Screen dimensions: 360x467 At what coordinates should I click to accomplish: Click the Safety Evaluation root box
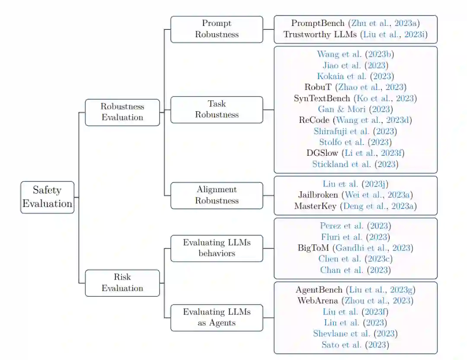48,197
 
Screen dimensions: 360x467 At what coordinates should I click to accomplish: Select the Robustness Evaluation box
122,112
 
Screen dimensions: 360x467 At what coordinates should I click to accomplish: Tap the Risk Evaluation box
122,283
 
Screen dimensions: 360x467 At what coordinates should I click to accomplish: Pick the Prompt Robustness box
217,29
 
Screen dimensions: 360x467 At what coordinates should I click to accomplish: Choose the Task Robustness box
217,109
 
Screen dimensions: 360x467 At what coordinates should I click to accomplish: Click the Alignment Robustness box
217,195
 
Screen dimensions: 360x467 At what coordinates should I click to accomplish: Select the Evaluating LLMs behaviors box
217,248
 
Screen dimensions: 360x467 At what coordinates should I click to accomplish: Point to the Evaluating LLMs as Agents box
217,317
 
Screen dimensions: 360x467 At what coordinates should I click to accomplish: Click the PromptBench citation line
355,23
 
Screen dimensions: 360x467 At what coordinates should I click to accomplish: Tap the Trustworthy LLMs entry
355,35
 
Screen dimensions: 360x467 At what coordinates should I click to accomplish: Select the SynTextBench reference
355,98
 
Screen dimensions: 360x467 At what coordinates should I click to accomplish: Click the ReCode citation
355,120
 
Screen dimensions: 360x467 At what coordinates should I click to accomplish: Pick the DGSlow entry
355,153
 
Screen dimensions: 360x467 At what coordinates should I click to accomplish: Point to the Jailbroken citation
355,195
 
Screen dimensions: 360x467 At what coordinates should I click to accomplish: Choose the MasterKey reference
355,206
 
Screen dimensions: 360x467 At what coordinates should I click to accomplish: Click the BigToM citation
355,248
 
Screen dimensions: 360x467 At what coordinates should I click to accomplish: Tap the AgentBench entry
355,289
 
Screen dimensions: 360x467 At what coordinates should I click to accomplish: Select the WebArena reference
355,300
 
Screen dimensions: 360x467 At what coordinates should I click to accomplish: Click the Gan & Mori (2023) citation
355,109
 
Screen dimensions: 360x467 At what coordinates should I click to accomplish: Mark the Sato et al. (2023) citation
355,345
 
